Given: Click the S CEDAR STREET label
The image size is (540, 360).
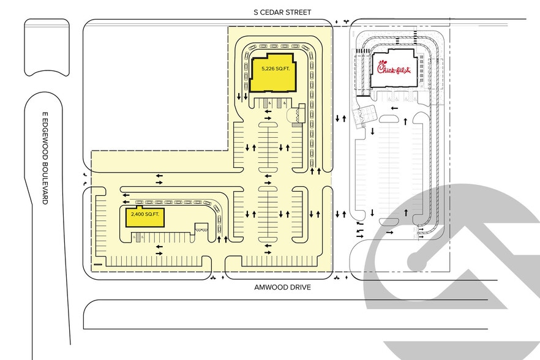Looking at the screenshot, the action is pyautogui.click(x=282, y=12).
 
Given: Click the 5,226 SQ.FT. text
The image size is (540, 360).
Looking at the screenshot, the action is pyautogui.click(x=276, y=69).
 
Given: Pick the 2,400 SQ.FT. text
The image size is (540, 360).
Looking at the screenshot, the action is pyautogui.click(x=145, y=214).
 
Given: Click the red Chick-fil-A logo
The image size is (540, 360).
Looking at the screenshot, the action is pyautogui.click(x=394, y=67).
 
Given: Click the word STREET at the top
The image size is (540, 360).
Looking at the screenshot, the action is pyautogui.click(x=299, y=12).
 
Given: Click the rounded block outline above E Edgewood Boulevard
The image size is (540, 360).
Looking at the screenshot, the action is pyautogui.click(x=47, y=48).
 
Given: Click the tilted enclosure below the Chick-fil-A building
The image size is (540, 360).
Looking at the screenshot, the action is pyautogui.click(x=365, y=115).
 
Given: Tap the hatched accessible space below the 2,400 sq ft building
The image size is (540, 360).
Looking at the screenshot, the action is pyautogui.click(x=138, y=238).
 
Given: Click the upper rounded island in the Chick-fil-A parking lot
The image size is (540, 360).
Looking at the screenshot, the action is pyautogui.click(x=389, y=119).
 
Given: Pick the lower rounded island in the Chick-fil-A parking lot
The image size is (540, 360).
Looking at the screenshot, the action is pyautogui.click(x=389, y=222).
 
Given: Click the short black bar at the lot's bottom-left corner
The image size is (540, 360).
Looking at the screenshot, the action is pyautogui.click(x=98, y=264).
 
